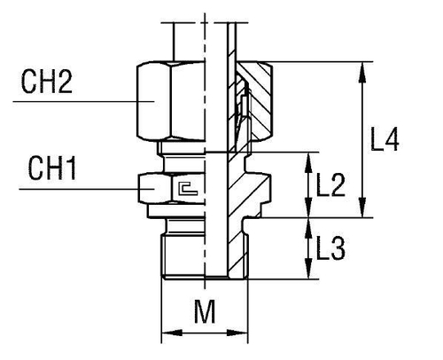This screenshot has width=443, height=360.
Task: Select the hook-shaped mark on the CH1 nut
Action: click(186, 186)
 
